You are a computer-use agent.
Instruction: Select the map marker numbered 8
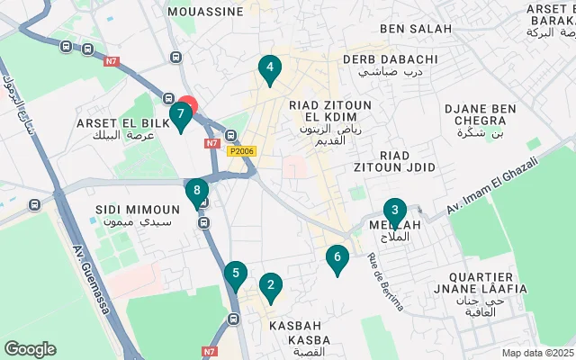(196, 192)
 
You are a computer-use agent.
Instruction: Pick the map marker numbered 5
(235, 274)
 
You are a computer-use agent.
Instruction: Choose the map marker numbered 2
(269, 287)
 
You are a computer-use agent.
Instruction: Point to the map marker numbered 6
(337, 258)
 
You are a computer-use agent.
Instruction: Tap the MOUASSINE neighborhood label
(206, 12)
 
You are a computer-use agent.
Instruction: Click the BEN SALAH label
(416, 29)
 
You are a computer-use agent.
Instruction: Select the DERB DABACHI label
(391, 59)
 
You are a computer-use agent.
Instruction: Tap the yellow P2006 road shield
(241, 151)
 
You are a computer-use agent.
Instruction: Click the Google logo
(30, 349)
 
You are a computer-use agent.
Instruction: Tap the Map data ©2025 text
(536, 353)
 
